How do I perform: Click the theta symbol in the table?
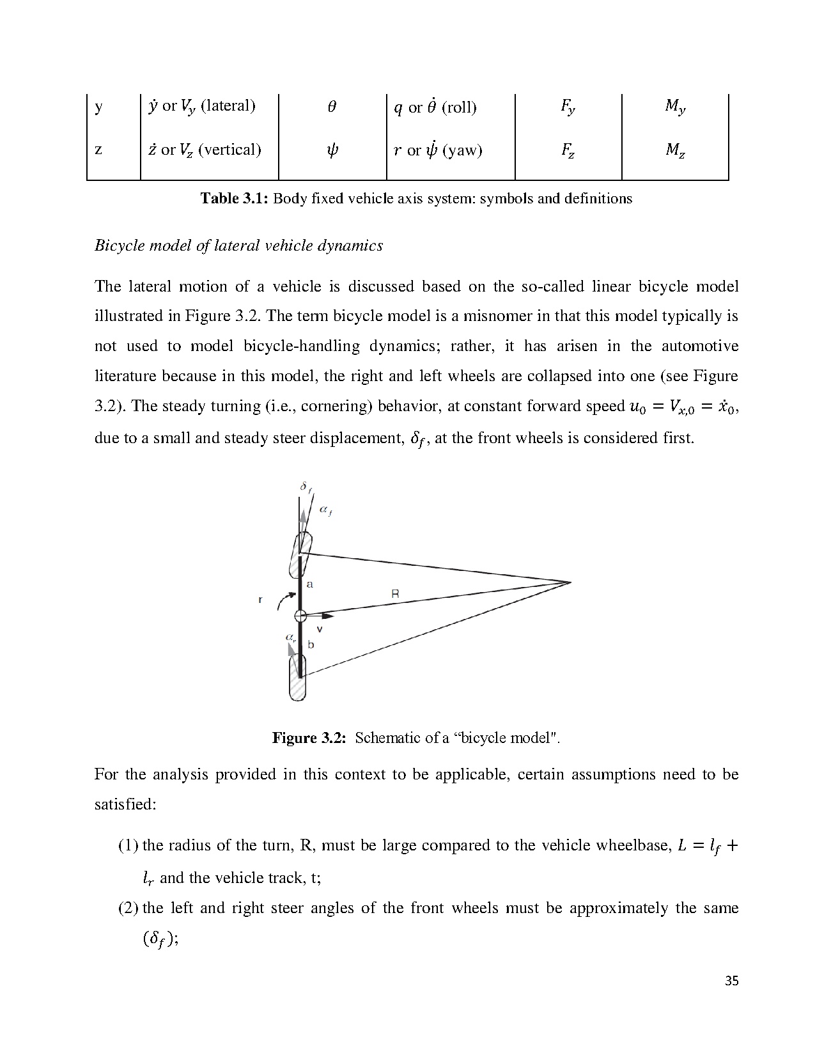(332, 107)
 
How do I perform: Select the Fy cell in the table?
(568, 107)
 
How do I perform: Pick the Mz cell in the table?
(675, 150)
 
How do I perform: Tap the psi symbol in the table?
(332, 150)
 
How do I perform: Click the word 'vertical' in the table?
(230, 150)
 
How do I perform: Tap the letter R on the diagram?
(395, 593)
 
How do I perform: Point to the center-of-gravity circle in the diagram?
(300, 616)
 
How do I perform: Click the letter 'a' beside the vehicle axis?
(310, 584)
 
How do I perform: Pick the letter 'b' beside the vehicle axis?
(311, 645)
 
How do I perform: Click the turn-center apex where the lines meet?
(570, 582)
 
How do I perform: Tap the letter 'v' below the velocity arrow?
(320, 629)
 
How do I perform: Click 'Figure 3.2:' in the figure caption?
(309, 738)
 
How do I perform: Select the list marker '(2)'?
(129, 908)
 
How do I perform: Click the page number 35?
(732, 981)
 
